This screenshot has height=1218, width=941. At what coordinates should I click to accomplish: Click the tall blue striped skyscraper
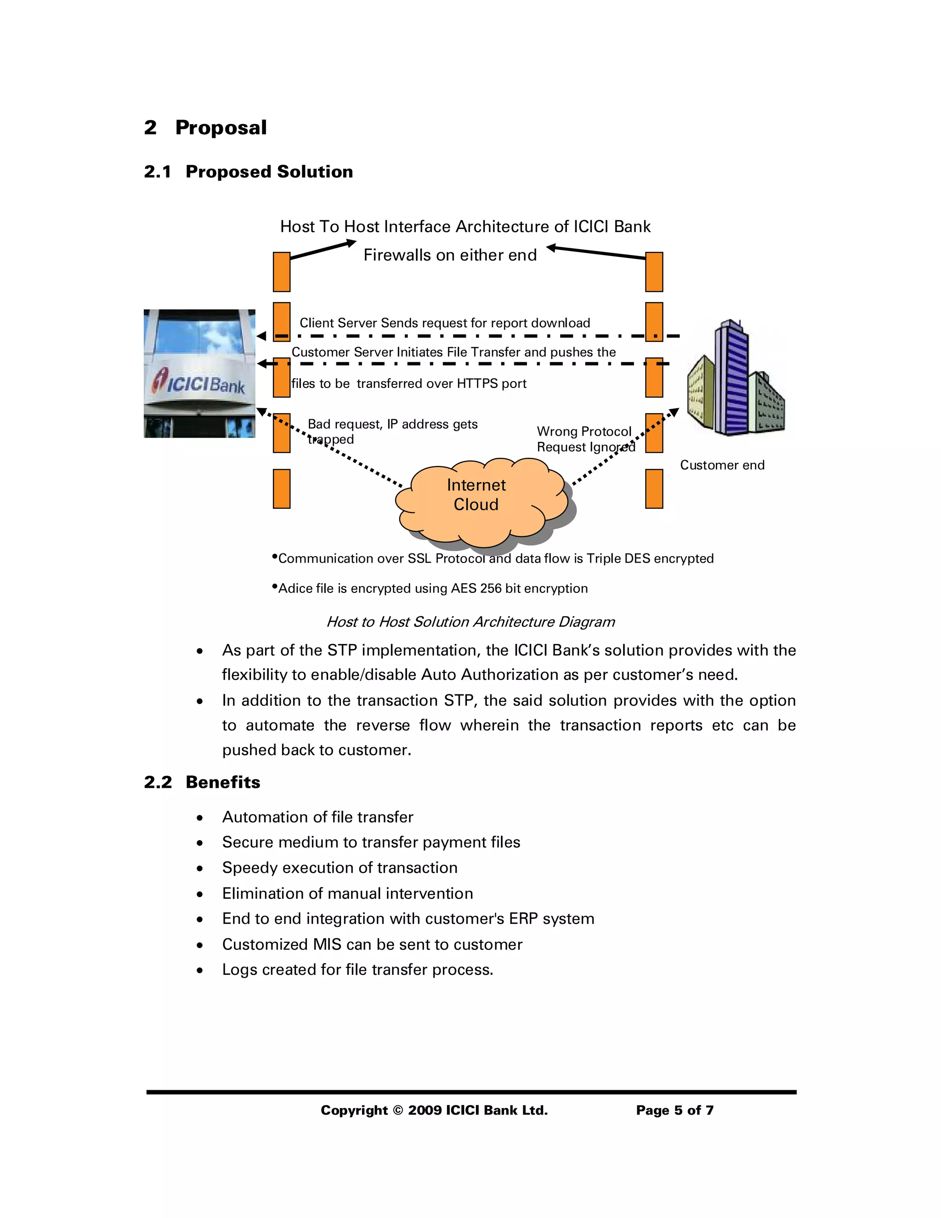coord(730,379)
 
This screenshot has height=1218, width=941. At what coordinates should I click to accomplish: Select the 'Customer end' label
coord(722,465)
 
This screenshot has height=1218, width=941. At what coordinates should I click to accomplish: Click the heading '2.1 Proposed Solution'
coord(249,172)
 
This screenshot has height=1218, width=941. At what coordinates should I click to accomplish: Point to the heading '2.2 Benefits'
coord(202,782)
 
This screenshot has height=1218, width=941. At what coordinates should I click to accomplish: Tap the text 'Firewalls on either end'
coord(450,256)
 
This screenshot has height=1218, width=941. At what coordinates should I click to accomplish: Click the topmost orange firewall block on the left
coord(282,272)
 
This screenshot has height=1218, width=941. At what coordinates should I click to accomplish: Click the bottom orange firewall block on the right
coord(654,489)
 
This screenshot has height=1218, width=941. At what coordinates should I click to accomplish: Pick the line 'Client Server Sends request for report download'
coord(444,323)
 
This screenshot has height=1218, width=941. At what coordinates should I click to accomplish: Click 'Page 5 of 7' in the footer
coord(675,1110)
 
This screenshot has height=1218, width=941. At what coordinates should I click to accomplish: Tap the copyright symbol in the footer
coord(397,1110)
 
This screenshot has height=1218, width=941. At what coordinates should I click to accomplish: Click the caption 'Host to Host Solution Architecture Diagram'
coord(470,622)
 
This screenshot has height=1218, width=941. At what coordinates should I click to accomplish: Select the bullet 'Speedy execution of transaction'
coord(340,868)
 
